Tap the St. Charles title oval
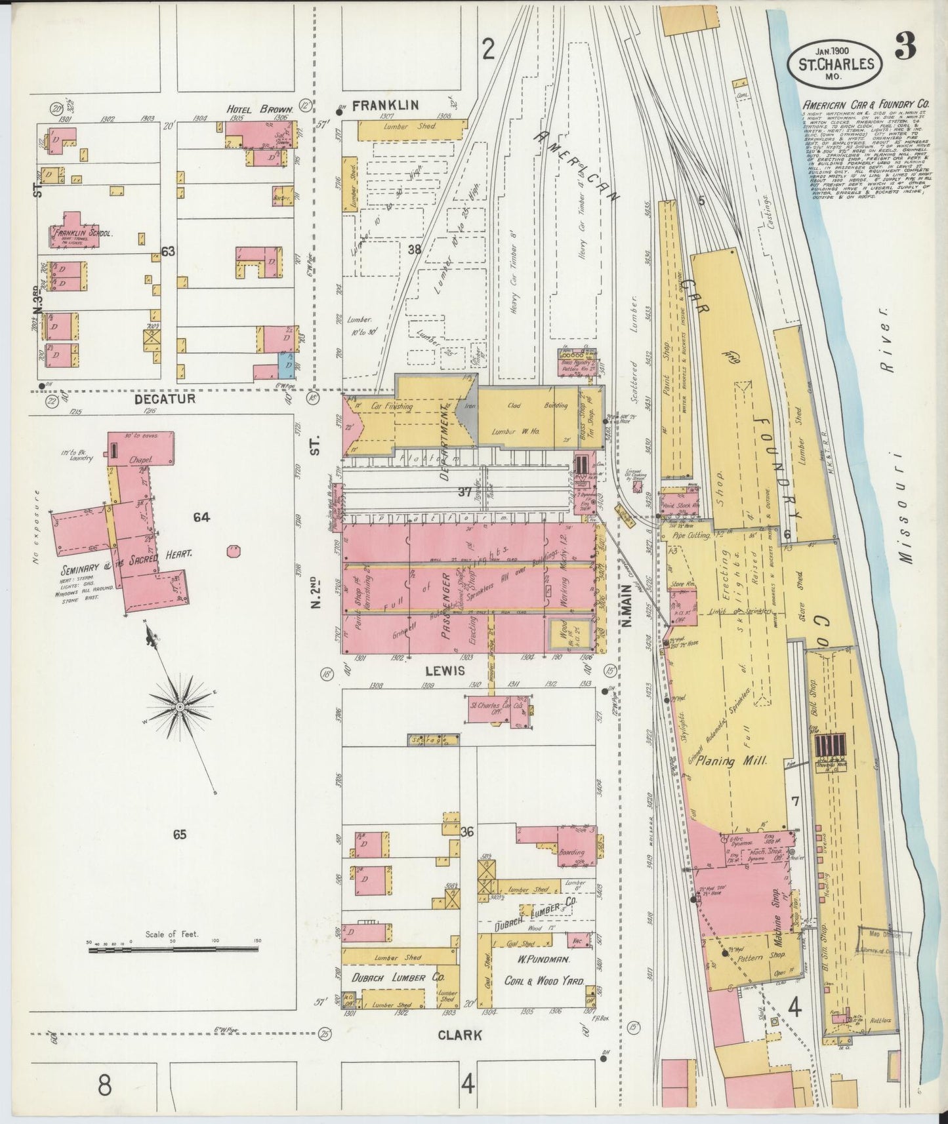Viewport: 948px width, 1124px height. [835, 64]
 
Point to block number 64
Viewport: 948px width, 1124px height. [201, 518]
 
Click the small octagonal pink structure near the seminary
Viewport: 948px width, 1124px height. [232, 551]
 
